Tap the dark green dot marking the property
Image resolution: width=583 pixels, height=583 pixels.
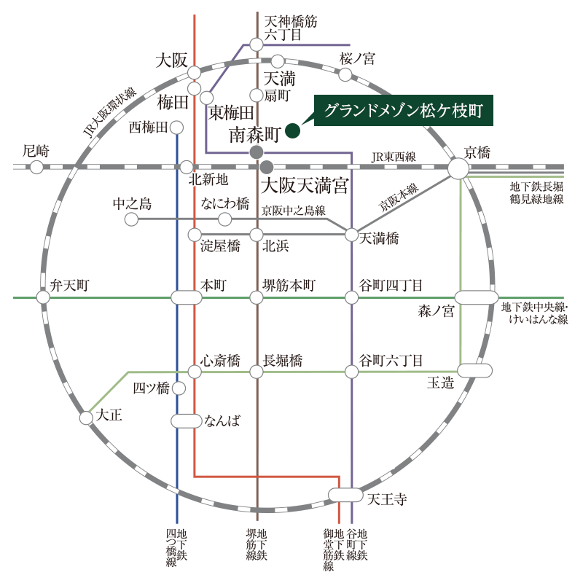click(x=292, y=131)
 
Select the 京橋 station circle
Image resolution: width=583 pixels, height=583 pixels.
click(x=458, y=168)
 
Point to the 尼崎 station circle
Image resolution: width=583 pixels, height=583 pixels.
click(x=36, y=168)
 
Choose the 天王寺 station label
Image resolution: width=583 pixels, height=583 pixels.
click(x=387, y=500)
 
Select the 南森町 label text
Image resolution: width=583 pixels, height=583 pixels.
click(x=254, y=134)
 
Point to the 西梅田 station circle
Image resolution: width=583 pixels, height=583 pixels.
click(x=177, y=128)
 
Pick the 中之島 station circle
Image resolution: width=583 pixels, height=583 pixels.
click(x=132, y=219)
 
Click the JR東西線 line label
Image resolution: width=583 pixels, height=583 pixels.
click(x=393, y=157)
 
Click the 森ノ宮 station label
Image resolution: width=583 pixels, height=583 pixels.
click(x=436, y=312)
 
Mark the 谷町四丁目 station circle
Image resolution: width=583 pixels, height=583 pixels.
click(x=352, y=297)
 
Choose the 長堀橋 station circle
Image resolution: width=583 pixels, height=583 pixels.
click(x=257, y=372)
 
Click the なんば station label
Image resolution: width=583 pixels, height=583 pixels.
click(x=222, y=420)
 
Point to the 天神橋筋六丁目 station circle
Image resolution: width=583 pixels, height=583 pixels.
click(x=257, y=45)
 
